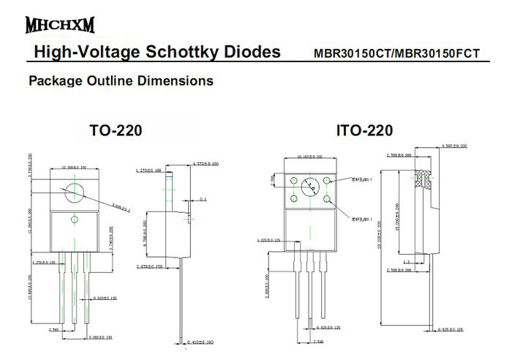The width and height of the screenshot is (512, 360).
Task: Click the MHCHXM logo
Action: pos(60,26)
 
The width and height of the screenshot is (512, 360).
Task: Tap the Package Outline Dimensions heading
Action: pos(121,80)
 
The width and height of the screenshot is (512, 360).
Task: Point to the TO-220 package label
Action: pos(116,131)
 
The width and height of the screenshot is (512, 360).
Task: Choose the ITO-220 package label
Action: pos(364,131)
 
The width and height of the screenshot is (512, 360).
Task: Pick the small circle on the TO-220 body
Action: pos(74,220)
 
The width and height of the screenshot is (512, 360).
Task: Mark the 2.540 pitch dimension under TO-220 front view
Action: pos(56,331)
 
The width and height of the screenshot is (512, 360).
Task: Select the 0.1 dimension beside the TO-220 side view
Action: pos(203,199)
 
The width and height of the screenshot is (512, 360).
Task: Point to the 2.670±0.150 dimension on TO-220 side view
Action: pos(150,268)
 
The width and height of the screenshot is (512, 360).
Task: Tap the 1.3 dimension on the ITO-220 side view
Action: pos(406,261)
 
